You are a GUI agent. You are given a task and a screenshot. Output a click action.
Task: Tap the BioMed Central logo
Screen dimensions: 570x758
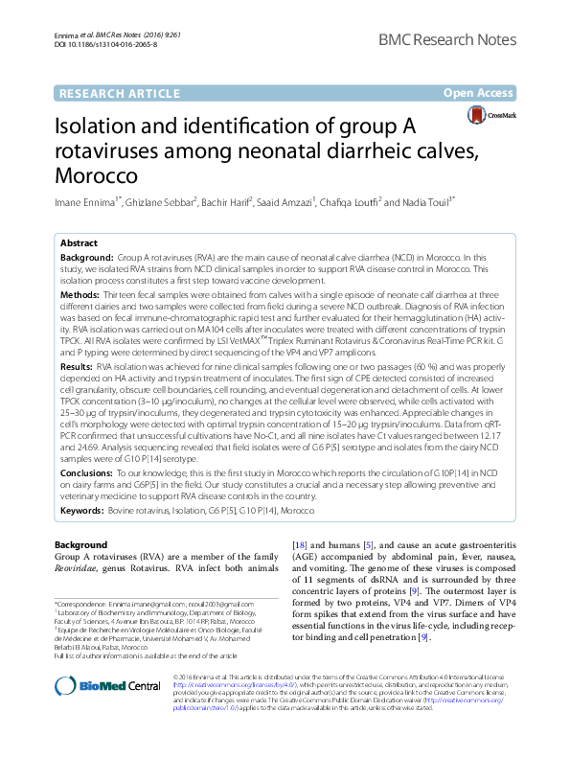pyautogui.click(x=107, y=684)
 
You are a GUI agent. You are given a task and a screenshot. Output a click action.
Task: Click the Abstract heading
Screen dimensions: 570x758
pyautogui.click(x=79, y=244)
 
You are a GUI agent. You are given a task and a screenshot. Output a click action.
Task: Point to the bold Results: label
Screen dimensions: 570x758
pyautogui.click(x=78, y=367)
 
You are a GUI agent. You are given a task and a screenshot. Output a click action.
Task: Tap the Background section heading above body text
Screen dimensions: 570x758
pyautogui.click(x=80, y=544)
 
